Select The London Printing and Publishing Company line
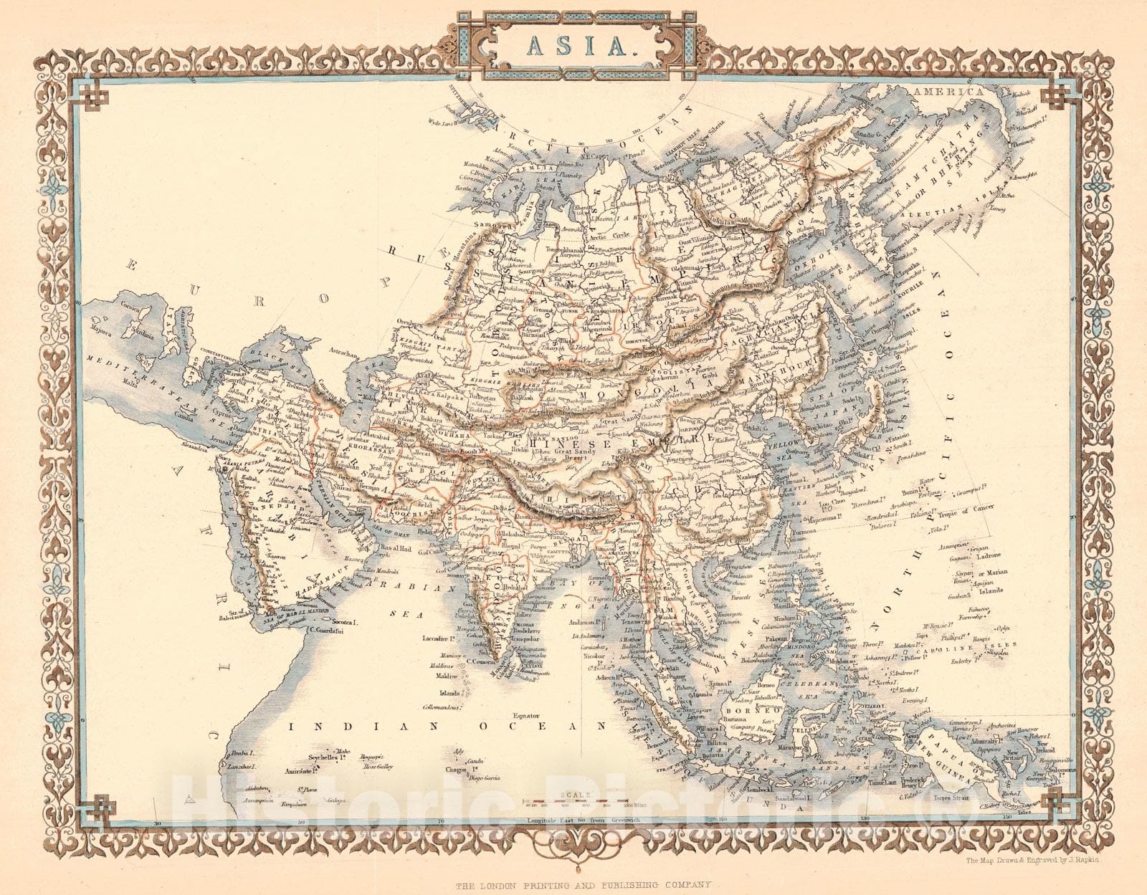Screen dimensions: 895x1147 click(584, 885)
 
